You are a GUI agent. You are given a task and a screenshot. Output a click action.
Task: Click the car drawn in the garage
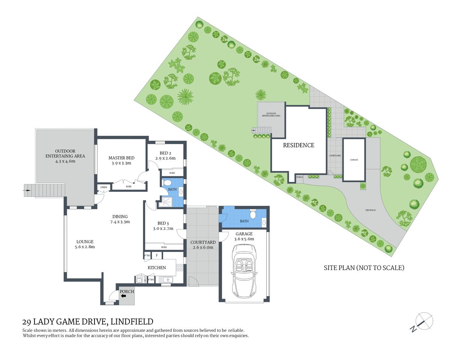(244, 270)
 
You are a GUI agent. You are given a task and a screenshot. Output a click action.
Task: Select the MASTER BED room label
(121, 158)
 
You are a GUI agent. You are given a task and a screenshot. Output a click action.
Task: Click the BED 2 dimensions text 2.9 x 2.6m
(165, 158)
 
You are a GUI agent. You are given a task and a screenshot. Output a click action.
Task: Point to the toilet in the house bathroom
(168, 183)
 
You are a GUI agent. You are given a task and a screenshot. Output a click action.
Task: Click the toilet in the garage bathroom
(253, 214)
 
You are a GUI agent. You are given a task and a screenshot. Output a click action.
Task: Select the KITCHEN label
(156, 268)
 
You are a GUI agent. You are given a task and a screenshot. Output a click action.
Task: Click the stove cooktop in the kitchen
(179, 268)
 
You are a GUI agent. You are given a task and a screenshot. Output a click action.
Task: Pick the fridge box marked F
(156, 256)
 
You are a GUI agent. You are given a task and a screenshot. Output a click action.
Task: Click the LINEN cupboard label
(104, 187)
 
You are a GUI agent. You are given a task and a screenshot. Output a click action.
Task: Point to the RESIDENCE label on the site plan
(298, 145)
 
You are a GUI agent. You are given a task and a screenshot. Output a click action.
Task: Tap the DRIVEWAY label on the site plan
(370, 210)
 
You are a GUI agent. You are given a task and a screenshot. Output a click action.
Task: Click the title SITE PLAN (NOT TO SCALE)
(364, 268)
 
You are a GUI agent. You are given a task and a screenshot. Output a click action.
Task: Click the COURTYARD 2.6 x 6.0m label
(203, 244)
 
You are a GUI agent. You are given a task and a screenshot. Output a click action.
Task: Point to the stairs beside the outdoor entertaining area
(30, 190)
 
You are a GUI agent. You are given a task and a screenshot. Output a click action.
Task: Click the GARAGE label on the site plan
(354, 160)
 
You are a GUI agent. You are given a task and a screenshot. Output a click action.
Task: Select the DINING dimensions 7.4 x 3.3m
(120, 222)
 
